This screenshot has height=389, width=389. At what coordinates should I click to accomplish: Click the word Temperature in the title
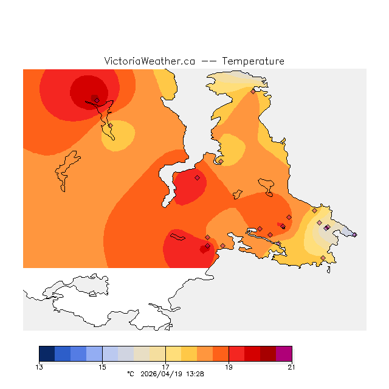tap(253, 61)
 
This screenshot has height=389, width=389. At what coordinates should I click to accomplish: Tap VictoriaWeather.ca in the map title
tap(150, 61)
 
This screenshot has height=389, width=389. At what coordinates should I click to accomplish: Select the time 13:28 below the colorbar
tap(194, 374)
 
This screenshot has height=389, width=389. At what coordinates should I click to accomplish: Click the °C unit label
tap(129, 374)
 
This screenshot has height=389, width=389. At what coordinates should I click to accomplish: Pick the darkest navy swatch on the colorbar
tap(47, 353)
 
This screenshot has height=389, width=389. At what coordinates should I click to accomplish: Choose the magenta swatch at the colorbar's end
tap(284, 353)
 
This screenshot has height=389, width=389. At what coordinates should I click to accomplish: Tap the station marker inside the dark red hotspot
tap(97, 100)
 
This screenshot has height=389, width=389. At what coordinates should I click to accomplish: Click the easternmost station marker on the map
tap(354, 235)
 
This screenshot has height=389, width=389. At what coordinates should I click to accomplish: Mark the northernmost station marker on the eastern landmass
tap(253, 92)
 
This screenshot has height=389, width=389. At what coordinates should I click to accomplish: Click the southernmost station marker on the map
tap(323, 258)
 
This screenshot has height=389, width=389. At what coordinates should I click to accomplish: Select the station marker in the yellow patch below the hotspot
tap(110, 126)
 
